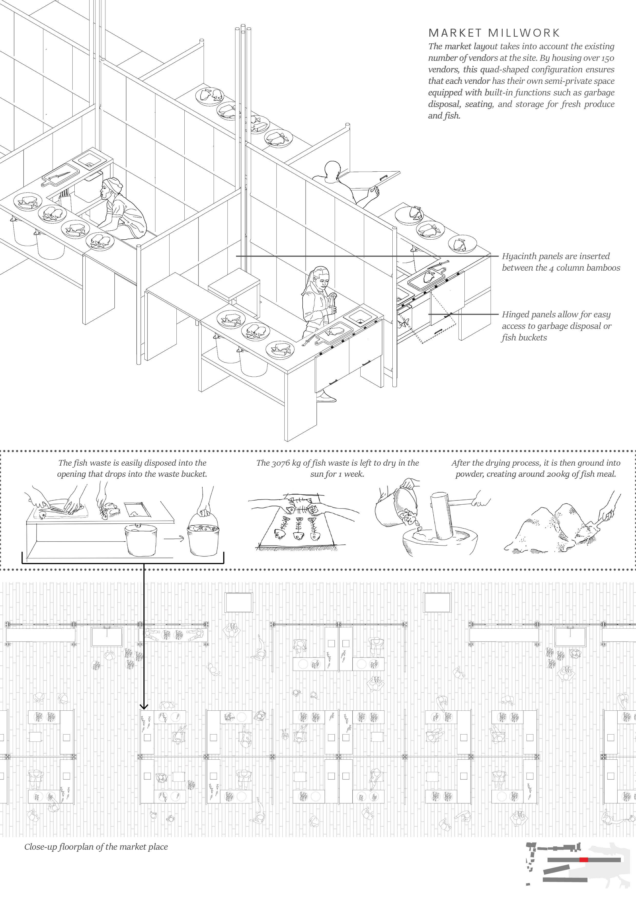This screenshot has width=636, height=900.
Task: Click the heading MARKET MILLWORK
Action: point(494,33)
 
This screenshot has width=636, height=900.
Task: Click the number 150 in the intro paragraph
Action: point(607,58)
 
